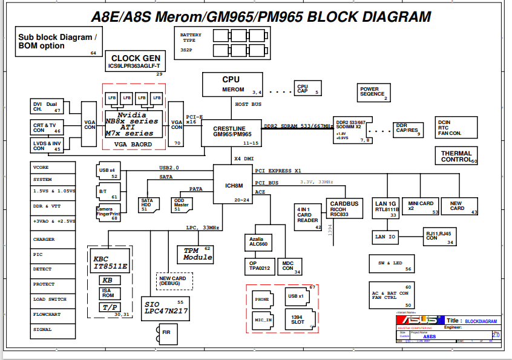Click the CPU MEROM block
pos(232,84)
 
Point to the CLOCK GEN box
pos(135,61)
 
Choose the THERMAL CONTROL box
pos(456,156)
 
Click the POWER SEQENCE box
pos(372,91)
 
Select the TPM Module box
pos(197,254)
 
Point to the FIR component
pos(166,332)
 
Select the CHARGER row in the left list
pos(53,240)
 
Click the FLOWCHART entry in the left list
pos(53,315)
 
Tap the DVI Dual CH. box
pos(47,106)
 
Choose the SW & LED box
pos(394,264)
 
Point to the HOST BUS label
pos(248,105)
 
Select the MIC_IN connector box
pos(263,319)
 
